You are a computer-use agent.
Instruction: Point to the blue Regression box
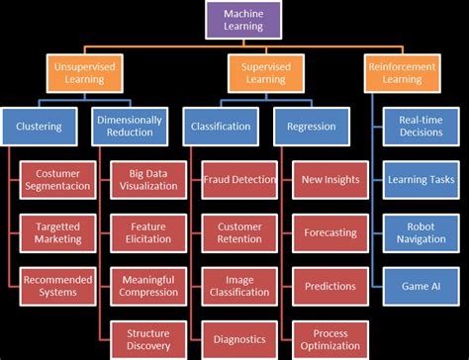pos(313,127)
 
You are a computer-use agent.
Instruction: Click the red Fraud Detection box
pos(238,180)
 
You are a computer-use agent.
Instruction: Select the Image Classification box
pos(238,285)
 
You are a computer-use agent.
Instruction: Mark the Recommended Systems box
pos(58,285)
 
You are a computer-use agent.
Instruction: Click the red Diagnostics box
pos(238,338)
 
